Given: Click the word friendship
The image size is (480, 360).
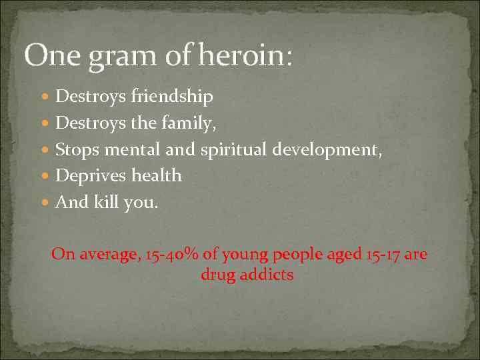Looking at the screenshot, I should tap(171, 97).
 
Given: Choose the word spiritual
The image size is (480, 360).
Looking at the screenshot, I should tap(234, 150).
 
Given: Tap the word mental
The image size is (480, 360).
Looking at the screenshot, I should tap(133, 149).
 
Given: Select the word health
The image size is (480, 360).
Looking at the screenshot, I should tap(156, 175).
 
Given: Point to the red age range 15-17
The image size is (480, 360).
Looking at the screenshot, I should tap(383, 255).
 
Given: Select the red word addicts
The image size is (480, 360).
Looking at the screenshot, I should tap(267, 274).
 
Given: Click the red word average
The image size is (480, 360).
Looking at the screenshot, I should tap(108, 255).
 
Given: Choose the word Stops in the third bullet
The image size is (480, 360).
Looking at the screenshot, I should tap(76, 150).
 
